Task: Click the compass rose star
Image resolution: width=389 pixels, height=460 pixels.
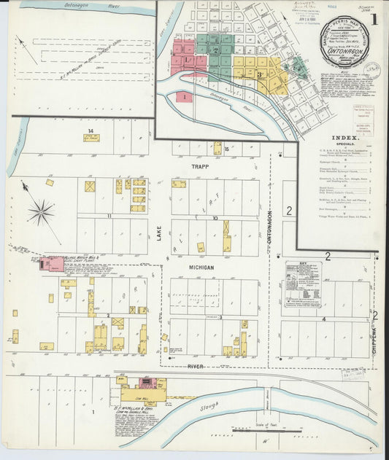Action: (x=42, y=212)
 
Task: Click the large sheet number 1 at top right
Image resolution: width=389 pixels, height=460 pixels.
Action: (x=373, y=20)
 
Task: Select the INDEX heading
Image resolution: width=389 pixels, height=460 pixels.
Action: (x=344, y=137)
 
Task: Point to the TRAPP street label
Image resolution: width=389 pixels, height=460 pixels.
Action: (x=200, y=167)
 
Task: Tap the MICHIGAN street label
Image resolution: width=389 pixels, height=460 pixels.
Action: (x=201, y=268)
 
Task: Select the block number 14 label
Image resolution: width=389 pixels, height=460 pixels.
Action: (x=90, y=131)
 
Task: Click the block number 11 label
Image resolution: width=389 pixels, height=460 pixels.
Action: (x=109, y=216)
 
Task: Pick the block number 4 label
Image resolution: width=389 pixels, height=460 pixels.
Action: (x=323, y=319)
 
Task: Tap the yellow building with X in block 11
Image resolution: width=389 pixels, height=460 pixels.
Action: (x=90, y=187)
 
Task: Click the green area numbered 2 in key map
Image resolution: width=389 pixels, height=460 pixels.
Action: (x=215, y=50)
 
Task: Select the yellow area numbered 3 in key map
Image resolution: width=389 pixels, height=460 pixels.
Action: (x=258, y=74)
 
